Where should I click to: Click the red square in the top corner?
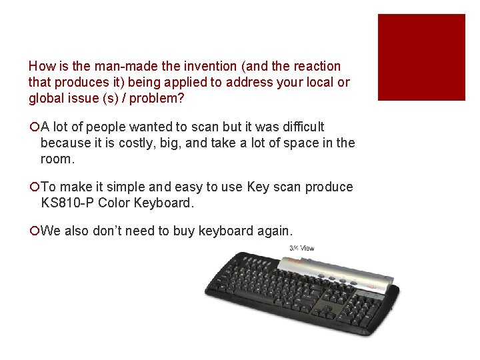pos(421,57)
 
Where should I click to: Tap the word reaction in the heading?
pos(316,67)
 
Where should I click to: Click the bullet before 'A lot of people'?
pos(33,127)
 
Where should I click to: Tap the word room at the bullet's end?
pos(55,159)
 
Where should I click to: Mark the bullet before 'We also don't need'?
pos(33,231)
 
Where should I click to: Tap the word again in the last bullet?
pos(272,231)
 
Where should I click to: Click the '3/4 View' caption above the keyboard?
pos(301,249)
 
